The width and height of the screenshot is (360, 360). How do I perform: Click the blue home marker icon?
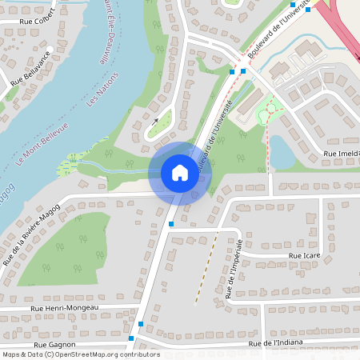[x=179, y=173]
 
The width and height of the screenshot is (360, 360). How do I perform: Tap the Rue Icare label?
[x=304, y=256]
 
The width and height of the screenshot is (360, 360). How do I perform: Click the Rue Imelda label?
[x=341, y=153]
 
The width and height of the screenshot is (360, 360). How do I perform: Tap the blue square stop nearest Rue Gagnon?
[x=141, y=324]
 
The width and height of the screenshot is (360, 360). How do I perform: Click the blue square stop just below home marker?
[x=171, y=224]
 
